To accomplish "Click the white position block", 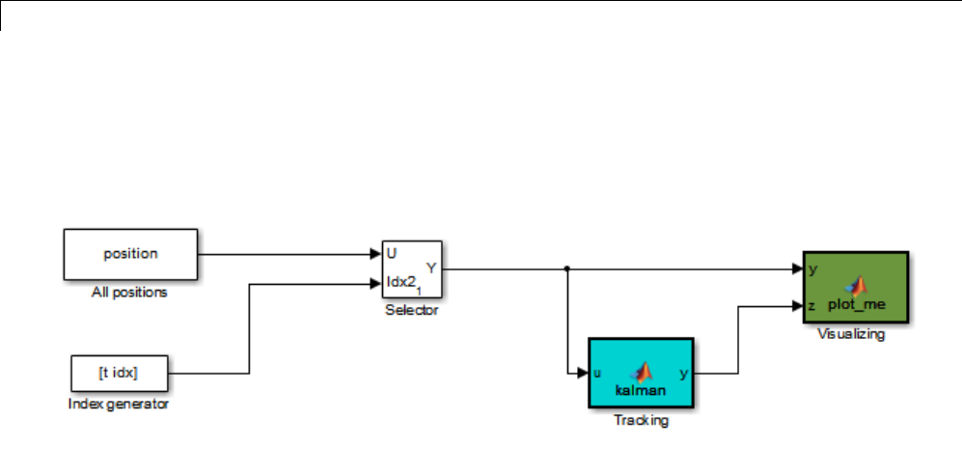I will pyautogui.click(x=130, y=254).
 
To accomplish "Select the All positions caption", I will pyautogui.click(x=130, y=292).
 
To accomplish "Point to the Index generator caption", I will pyautogui.click(x=119, y=404).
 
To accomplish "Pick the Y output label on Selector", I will pyautogui.click(x=431, y=268).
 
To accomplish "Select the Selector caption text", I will pyautogui.click(x=412, y=311).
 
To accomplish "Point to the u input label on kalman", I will pyautogui.click(x=597, y=372).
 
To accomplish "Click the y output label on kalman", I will pyautogui.click(x=684, y=372).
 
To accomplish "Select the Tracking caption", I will pyautogui.click(x=641, y=421).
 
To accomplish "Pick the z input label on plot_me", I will pyautogui.click(x=812, y=306).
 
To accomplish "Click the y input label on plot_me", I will pyautogui.click(x=812, y=269).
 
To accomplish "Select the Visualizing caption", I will pyautogui.click(x=851, y=335).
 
